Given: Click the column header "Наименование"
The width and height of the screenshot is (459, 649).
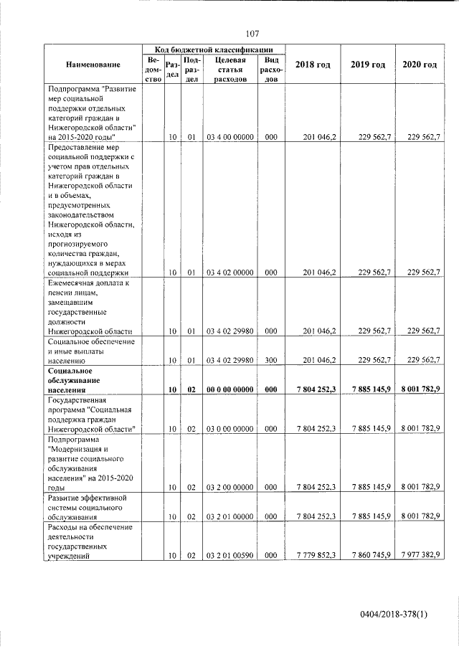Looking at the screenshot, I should (x=93, y=65).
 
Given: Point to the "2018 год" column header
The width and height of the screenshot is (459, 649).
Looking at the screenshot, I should (x=313, y=65).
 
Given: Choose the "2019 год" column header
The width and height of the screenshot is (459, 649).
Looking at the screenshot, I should (x=368, y=65).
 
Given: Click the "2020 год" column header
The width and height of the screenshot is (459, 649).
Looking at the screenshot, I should (x=420, y=65).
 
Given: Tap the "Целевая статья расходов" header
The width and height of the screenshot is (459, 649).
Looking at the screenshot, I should (x=230, y=70).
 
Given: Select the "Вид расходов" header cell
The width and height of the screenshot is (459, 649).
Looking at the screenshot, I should (x=271, y=70).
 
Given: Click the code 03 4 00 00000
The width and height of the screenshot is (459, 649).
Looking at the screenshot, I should (x=230, y=136).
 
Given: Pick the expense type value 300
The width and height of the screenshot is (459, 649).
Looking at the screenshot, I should (x=271, y=360).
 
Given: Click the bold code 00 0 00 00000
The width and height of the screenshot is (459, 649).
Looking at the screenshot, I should (x=230, y=389).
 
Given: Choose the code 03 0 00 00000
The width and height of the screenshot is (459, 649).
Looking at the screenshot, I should (x=230, y=428).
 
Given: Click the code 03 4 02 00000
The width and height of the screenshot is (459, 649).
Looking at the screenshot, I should (x=230, y=273).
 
